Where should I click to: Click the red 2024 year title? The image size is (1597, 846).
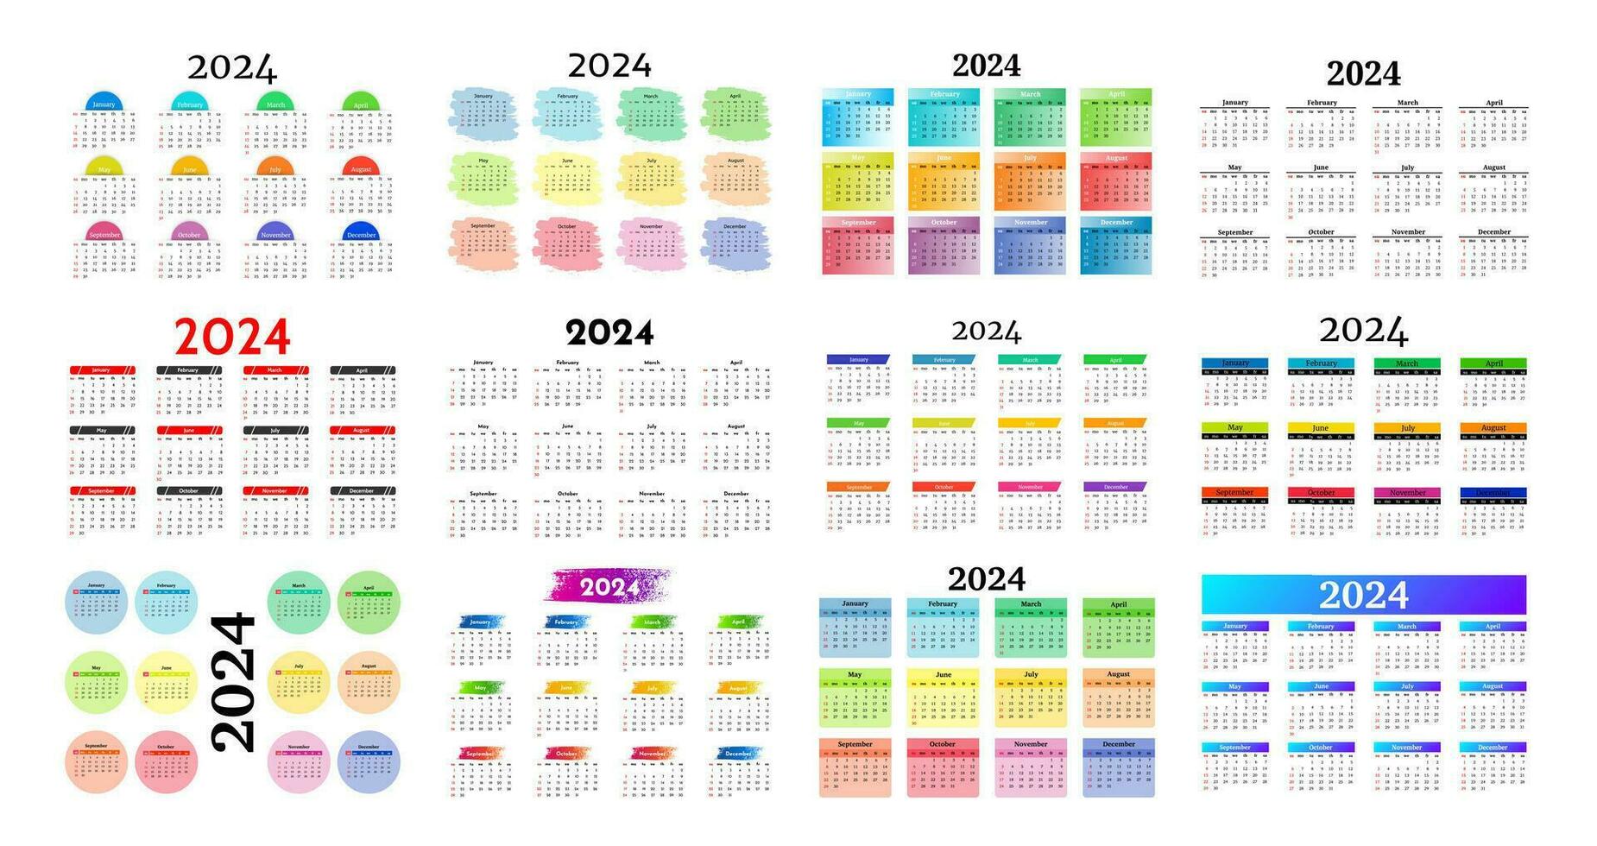click(232, 338)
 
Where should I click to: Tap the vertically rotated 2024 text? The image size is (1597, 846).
click(234, 682)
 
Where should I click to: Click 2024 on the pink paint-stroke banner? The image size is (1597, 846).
click(609, 587)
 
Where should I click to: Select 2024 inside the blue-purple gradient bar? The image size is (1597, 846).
click(1363, 595)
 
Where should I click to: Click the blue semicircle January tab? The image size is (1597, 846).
click(104, 102)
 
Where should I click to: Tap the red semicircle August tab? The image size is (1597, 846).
click(361, 167)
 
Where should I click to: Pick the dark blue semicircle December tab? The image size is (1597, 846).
click(361, 232)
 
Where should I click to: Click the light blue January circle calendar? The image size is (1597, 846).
click(97, 603)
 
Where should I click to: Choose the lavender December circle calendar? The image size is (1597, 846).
click(369, 761)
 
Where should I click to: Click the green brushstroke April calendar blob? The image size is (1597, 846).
click(735, 113)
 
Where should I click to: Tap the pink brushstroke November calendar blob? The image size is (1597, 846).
click(651, 243)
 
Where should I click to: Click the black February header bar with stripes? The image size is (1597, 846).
click(189, 369)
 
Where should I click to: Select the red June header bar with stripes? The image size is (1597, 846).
click(189, 430)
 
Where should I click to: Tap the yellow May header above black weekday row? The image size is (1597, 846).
click(1234, 427)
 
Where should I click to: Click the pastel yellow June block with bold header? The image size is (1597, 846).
click(943, 698)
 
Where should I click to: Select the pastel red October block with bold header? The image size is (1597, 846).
click(943, 767)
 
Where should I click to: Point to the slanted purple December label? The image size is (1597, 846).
click(1115, 487)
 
